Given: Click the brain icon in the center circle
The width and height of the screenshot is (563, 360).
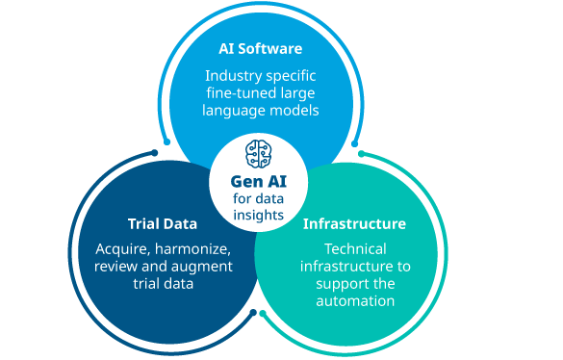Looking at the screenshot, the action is pos(258,154).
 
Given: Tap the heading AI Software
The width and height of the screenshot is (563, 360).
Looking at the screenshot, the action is pos(260,48).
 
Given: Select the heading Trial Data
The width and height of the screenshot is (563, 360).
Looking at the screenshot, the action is pos(163,224).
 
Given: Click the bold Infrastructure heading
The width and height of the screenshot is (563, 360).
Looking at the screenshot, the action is pos(354,224).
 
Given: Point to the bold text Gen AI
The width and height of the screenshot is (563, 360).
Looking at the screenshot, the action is pos(259,181).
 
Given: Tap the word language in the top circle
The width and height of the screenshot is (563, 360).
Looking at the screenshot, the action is pos(234,111).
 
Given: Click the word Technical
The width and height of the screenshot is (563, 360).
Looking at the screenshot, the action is pos(355,249).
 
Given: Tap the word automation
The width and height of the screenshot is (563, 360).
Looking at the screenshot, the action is pos(355,301).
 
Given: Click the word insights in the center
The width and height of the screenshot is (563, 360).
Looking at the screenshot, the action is pos(259,216).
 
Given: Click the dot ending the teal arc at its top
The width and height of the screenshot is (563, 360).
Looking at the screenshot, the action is pos(362,154).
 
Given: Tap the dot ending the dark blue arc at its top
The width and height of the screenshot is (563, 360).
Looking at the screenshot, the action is pos(155,153).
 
